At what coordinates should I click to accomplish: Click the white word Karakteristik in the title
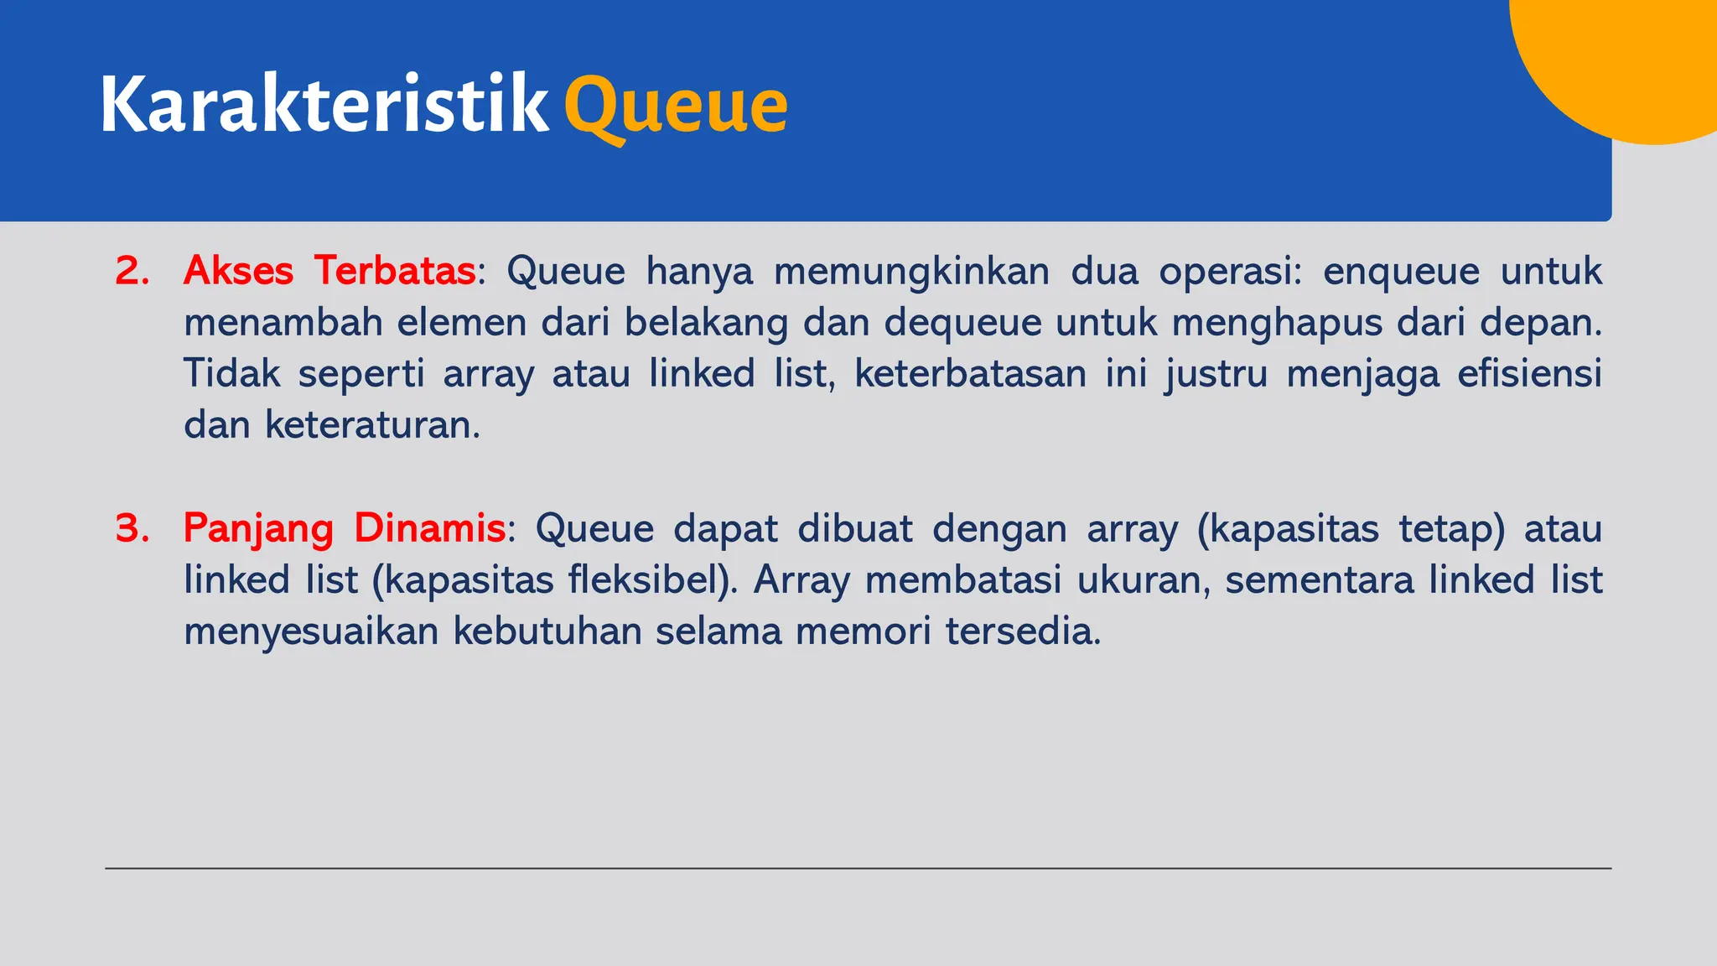tap(324, 105)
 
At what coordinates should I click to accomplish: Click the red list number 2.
tap(132, 271)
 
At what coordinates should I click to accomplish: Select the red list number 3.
tap(132, 528)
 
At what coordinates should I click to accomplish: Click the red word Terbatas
tap(395, 271)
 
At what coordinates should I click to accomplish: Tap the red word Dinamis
tap(429, 528)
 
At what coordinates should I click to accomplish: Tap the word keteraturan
tap(371, 425)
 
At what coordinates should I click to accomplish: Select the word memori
tap(863, 631)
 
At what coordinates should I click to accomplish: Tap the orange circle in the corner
tap(1635, 59)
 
